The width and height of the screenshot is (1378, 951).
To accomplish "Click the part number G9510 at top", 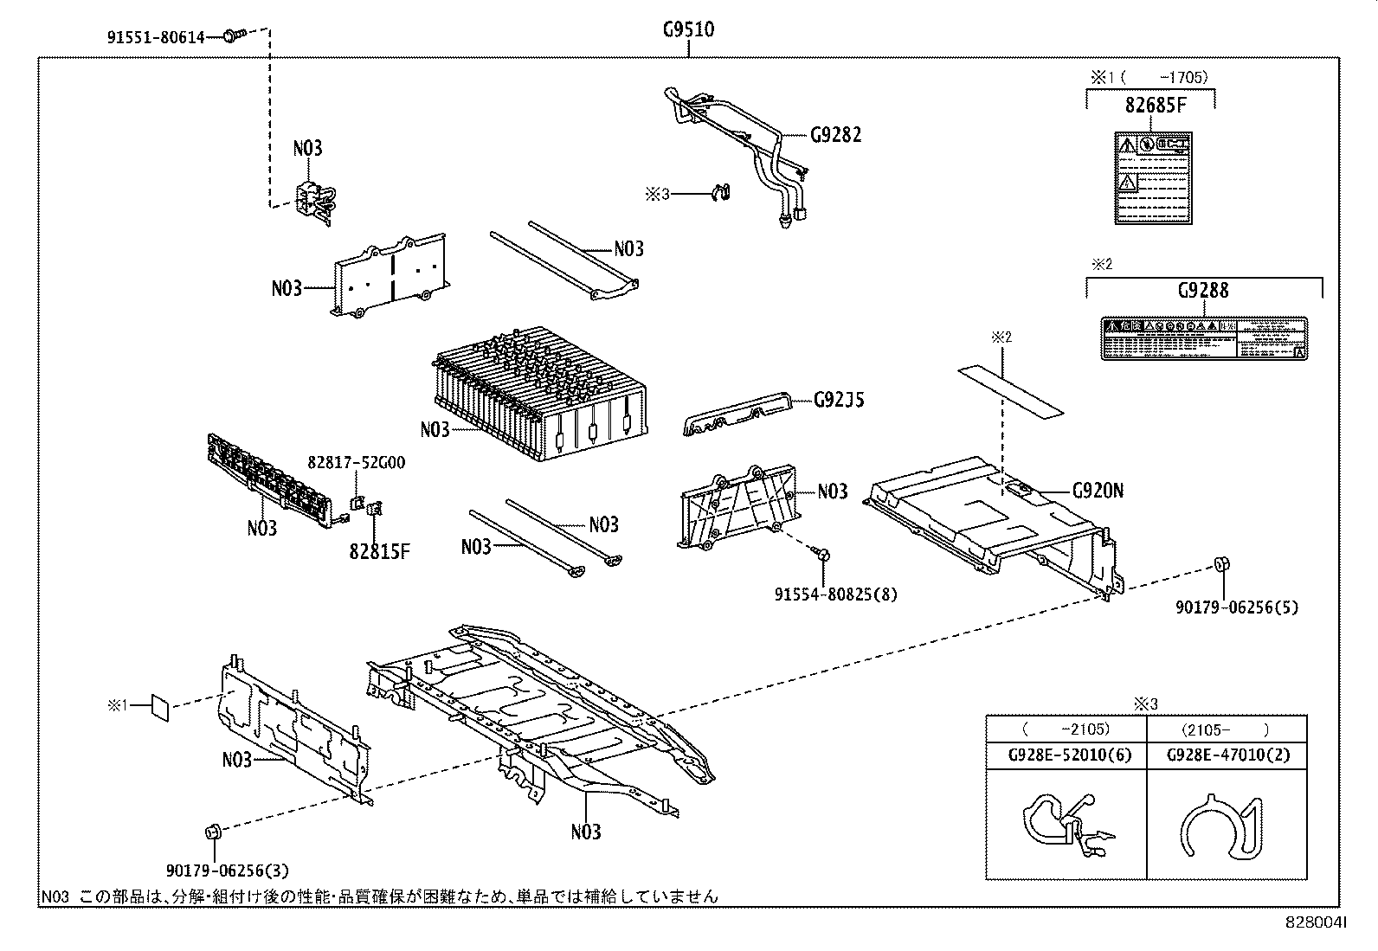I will [x=688, y=29].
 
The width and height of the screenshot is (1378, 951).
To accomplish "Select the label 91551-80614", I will [x=156, y=37].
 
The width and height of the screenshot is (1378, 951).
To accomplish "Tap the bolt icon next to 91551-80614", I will [x=232, y=35].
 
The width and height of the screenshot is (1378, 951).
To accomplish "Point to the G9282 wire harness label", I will [x=835, y=135].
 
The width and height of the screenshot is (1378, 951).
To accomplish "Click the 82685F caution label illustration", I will [x=1151, y=178].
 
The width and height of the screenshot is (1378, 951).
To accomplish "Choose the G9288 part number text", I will [x=1202, y=291].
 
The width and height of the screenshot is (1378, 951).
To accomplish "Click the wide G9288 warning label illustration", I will [x=1203, y=338].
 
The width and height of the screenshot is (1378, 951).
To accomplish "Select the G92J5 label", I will [x=839, y=400].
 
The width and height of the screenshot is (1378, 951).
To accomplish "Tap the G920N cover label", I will [x=1098, y=491].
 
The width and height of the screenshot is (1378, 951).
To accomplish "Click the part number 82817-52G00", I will [x=356, y=463].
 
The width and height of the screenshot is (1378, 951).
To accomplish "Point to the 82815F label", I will [x=379, y=550].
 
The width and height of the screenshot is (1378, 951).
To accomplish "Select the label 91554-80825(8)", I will [x=835, y=594].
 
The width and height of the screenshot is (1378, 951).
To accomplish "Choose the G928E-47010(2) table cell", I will [x=1227, y=755].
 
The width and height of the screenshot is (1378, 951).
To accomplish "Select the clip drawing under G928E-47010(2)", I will [x=1220, y=828].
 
